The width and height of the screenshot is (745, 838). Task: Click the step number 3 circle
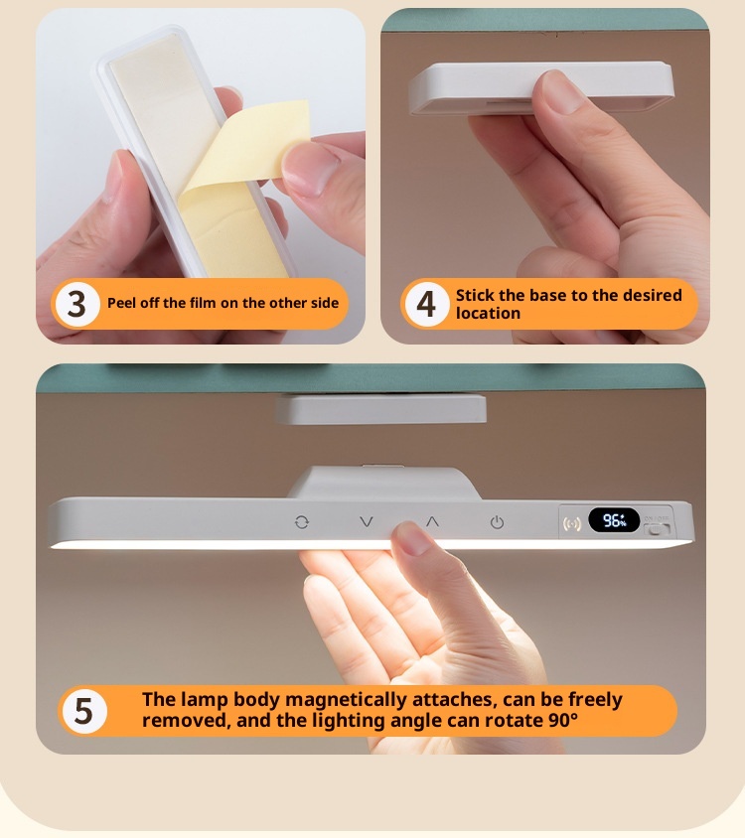coord(77,304)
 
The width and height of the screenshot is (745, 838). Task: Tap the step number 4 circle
coord(426,304)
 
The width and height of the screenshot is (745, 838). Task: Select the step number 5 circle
coord(84,711)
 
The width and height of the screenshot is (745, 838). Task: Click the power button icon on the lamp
coord(497,522)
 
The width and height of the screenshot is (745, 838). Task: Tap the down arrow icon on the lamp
coord(367,521)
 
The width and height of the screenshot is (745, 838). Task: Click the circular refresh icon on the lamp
coord(302,522)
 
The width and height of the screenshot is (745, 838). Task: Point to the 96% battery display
coord(614,520)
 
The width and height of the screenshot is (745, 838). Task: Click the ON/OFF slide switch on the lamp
coord(657,529)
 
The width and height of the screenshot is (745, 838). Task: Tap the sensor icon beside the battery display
coord(572,523)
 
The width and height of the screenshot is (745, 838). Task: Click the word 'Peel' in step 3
coord(119,303)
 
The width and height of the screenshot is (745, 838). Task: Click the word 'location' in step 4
coord(488,313)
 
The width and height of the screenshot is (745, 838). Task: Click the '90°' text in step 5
coord(563,721)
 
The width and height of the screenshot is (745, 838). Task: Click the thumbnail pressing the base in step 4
coord(563,92)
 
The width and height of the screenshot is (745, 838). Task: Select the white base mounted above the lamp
coord(381,409)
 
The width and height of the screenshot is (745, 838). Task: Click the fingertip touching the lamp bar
coord(410,537)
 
